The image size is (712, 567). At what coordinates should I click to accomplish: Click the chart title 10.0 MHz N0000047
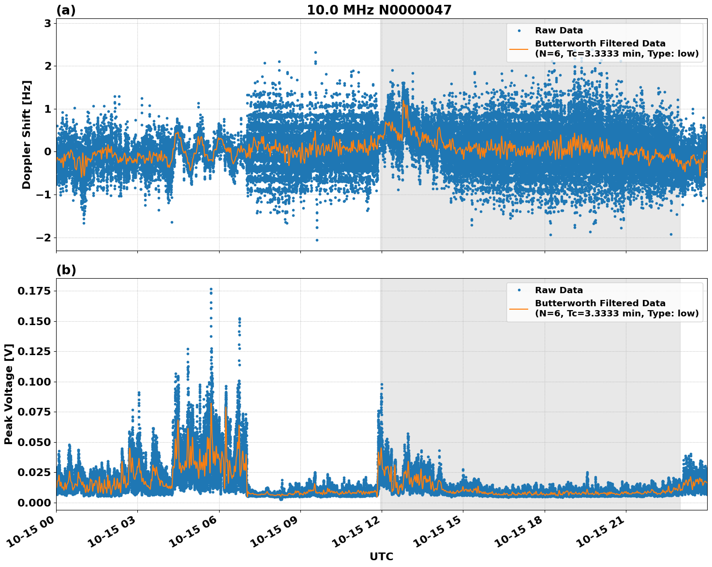(x=379, y=10)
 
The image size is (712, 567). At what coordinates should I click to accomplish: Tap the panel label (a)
(x=66, y=10)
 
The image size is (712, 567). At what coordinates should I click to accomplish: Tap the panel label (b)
(x=66, y=270)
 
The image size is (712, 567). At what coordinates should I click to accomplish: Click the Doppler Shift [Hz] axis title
(x=27, y=134)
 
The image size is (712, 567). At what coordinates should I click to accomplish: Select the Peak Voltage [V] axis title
(x=9, y=394)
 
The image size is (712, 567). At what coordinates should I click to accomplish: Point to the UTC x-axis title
(x=381, y=556)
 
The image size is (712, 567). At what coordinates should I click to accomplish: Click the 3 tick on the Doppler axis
(x=47, y=23)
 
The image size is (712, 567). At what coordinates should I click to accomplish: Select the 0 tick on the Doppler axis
(x=47, y=152)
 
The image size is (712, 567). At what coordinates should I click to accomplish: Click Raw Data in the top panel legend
(x=559, y=30)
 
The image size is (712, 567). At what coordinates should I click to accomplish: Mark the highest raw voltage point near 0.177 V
(x=211, y=289)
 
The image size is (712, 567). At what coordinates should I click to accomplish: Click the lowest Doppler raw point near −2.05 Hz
(x=317, y=240)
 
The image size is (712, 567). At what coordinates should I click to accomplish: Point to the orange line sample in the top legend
(x=519, y=48)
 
